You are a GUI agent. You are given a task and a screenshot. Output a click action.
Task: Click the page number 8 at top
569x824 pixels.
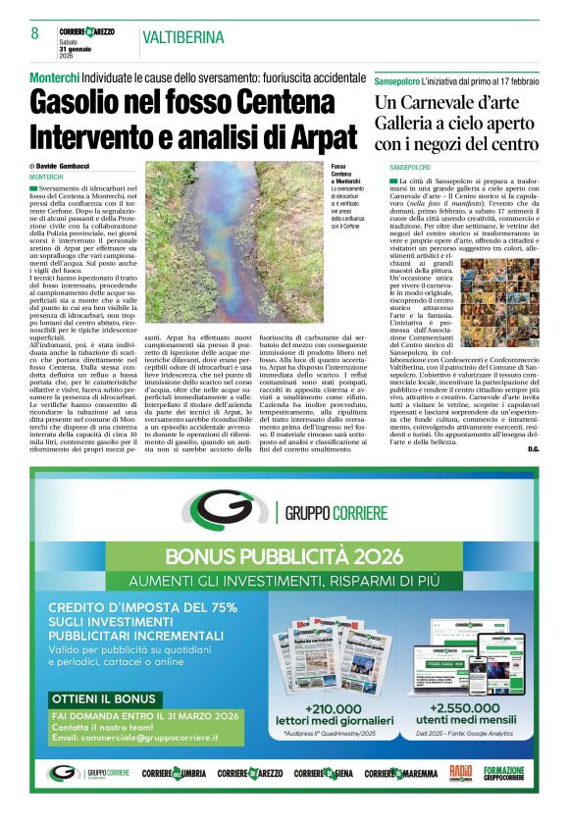(34, 34)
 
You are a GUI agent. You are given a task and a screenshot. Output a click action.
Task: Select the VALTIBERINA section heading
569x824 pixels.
(182, 38)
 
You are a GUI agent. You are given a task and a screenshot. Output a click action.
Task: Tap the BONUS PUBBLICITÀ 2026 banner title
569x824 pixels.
(284, 556)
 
